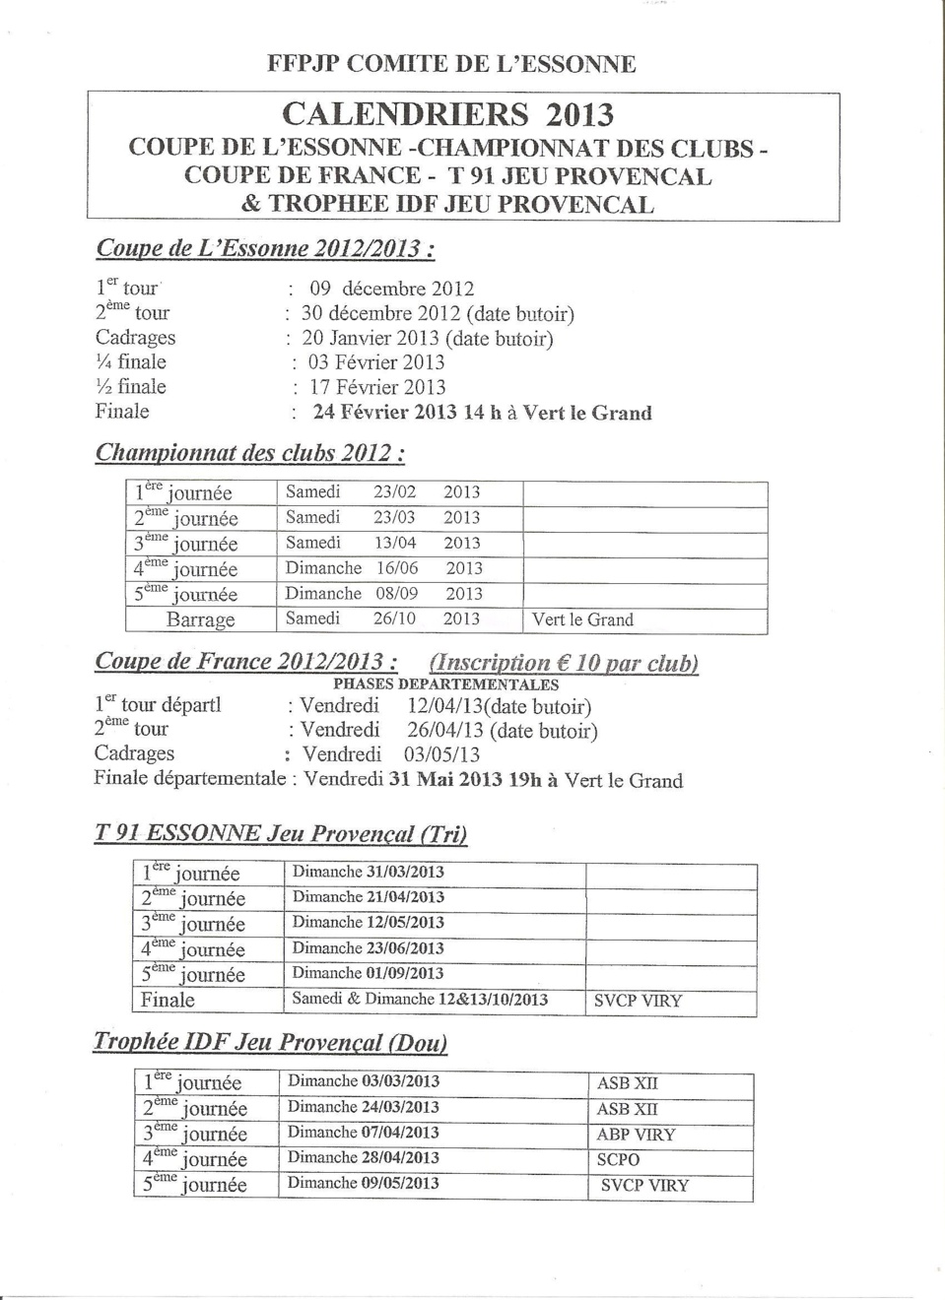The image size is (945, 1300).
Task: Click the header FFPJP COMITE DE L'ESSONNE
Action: point(451,64)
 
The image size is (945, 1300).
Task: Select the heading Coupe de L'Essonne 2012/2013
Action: point(265,247)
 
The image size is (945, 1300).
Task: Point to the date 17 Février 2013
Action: point(377,387)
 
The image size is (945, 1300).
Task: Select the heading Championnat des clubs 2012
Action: point(250,453)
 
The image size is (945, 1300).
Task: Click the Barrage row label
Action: point(201,619)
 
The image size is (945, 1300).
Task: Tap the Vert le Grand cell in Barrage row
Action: point(582,619)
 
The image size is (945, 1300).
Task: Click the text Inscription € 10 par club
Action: point(565,663)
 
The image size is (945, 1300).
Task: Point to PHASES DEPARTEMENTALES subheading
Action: point(445,684)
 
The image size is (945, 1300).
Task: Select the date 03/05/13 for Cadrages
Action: point(441,754)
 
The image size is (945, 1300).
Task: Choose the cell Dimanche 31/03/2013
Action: point(368,872)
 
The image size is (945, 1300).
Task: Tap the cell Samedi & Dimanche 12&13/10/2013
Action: point(420,999)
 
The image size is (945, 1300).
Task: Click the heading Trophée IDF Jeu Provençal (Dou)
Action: point(270,1042)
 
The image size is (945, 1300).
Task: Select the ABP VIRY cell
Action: point(636,1134)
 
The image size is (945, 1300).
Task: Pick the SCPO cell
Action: point(618,1159)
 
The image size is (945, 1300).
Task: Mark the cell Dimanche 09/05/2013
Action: point(363,1183)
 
